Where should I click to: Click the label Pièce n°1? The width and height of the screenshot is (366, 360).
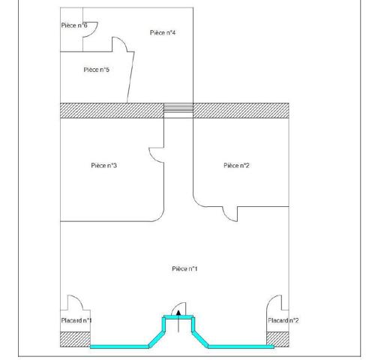(x=184, y=268)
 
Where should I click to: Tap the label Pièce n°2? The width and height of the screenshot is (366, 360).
(x=236, y=166)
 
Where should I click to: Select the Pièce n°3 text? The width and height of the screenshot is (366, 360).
(x=103, y=166)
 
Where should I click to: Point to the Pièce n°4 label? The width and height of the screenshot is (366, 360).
(x=163, y=33)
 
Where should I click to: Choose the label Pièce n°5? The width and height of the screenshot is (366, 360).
(x=97, y=70)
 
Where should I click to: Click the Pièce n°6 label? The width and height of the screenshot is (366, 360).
(x=74, y=25)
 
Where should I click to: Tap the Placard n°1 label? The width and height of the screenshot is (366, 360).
(x=76, y=320)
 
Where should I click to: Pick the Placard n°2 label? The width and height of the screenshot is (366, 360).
(x=283, y=320)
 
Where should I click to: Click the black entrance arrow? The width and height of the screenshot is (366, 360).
(x=178, y=321)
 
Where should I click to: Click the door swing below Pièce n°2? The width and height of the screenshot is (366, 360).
(x=227, y=217)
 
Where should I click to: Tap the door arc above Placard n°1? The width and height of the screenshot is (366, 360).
(x=79, y=299)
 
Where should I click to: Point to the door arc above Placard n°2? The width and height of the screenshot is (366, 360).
(x=271, y=299)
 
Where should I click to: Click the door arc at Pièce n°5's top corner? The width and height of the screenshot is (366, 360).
(x=123, y=41)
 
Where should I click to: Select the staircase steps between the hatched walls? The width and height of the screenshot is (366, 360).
(x=178, y=110)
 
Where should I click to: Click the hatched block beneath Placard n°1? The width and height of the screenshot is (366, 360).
(x=75, y=339)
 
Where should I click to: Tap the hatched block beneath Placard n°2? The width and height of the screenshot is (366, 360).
(x=277, y=339)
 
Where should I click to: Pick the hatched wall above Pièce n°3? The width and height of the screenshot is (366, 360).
(x=112, y=110)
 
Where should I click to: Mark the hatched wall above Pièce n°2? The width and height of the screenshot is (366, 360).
(x=241, y=110)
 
